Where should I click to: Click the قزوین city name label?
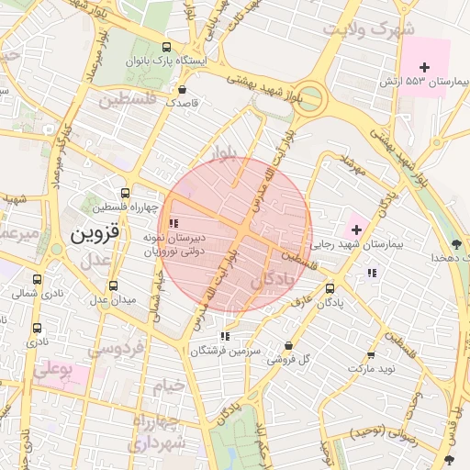coord(95,233)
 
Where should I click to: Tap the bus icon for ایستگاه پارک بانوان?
coord(165,47)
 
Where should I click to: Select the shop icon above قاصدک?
coord(182,90)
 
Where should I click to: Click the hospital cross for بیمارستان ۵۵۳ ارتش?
coord(424,67)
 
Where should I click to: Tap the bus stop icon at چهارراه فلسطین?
coord(126,194)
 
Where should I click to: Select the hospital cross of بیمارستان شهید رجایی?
coord(356,228)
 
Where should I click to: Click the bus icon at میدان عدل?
coord(113,286)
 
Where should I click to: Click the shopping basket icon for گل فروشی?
coord(289,346)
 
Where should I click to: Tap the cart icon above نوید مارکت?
coord(371,355)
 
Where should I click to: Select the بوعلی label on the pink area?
coord(52,373)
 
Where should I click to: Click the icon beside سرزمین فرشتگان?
coord(225,337)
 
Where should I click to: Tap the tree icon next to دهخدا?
coord(456,244)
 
